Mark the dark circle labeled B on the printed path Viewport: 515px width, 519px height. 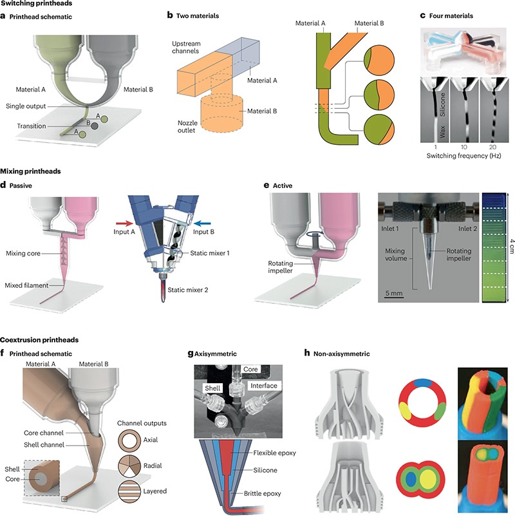94,126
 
